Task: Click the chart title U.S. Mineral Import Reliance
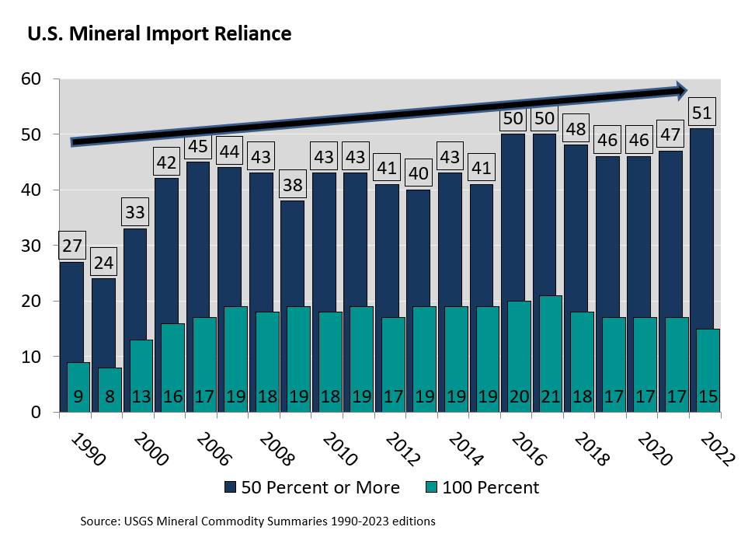159,34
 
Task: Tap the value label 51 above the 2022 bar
702,113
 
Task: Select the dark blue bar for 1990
71,311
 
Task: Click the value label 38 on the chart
293,186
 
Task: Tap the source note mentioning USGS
257,520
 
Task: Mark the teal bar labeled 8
109,389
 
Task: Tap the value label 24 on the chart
103,263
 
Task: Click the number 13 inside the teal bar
141,397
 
